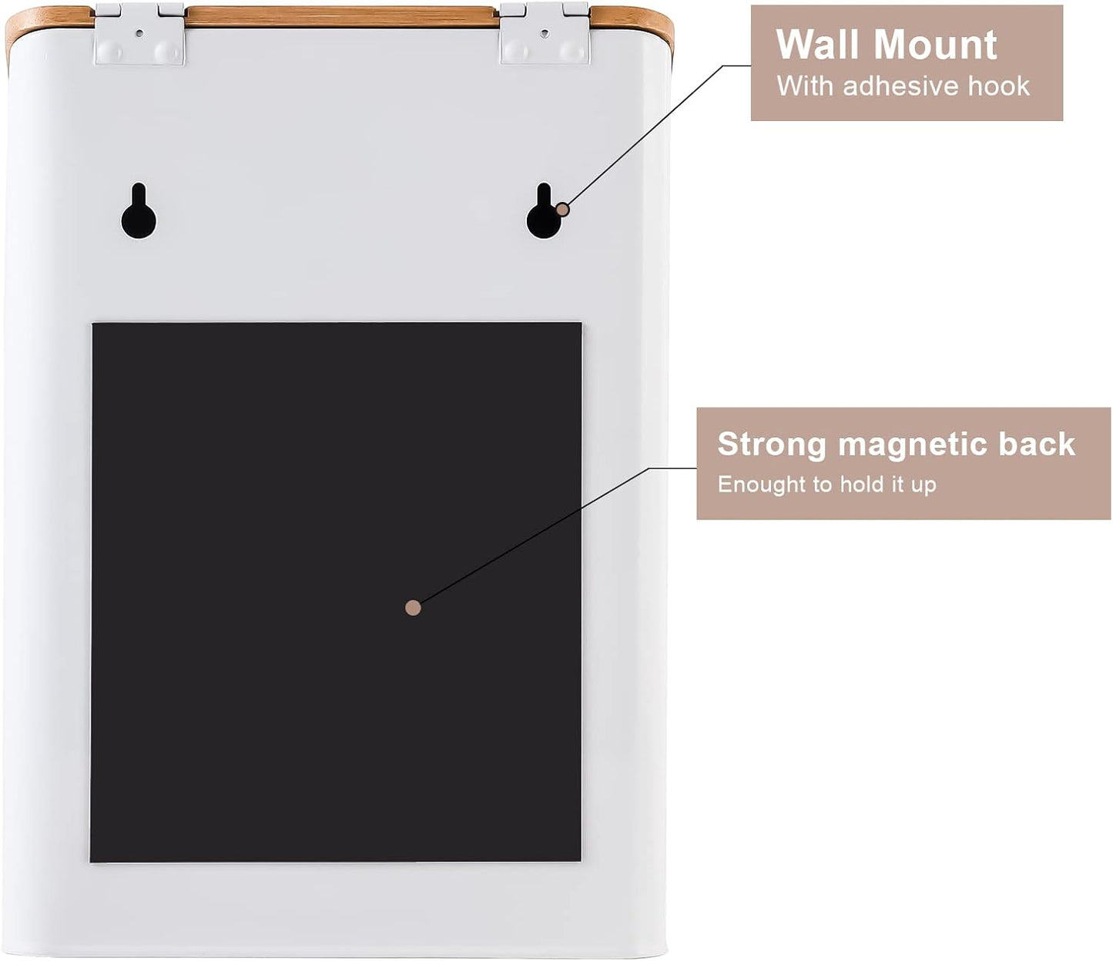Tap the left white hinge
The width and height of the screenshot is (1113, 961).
(x=139, y=34)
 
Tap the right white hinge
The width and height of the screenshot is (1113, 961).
(x=545, y=34)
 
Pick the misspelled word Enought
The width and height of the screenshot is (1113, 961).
(x=763, y=485)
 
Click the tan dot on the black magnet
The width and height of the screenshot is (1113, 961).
(x=413, y=608)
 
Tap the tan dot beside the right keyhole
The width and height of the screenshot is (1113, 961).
(x=563, y=209)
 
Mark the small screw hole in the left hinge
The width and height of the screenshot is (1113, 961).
(x=139, y=33)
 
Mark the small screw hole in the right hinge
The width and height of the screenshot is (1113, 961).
(x=545, y=33)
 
